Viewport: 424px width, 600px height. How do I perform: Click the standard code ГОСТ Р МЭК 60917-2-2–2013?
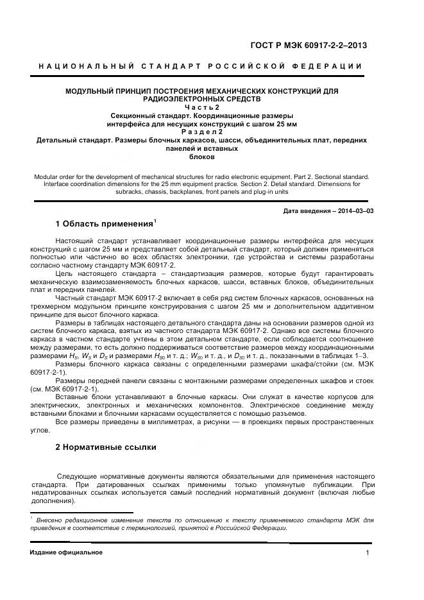312,46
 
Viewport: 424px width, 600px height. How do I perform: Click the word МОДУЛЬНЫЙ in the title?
92,91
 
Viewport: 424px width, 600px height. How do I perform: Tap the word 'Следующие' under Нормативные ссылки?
76,476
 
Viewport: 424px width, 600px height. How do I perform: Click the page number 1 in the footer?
368,553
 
